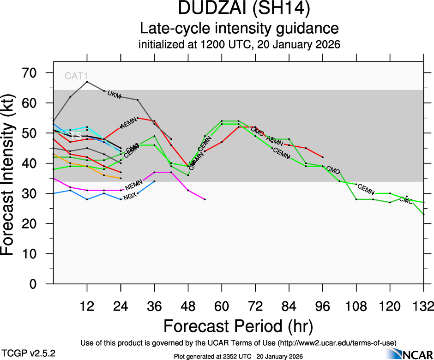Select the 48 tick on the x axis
pos(188,306)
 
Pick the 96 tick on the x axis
pos(323,306)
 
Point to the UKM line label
pos(114,95)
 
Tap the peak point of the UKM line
pos(87,82)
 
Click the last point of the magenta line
pos(205,199)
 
